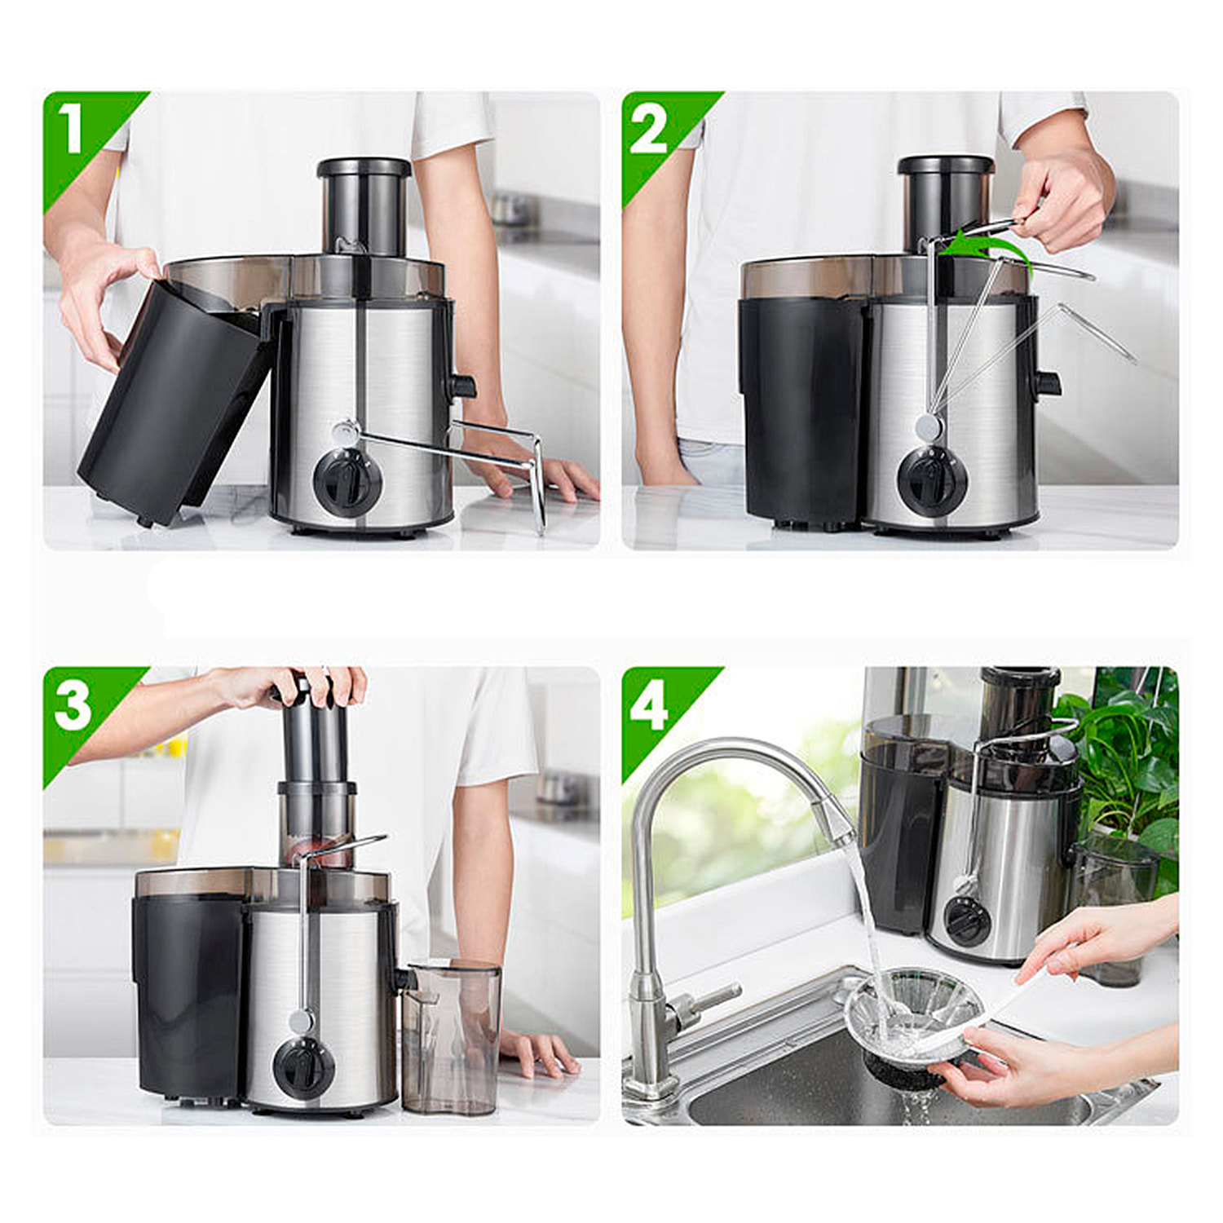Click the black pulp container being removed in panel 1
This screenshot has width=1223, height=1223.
click(175, 400)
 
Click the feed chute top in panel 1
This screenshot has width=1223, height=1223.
click(364, 169)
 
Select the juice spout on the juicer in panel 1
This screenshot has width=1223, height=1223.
click(462, 386)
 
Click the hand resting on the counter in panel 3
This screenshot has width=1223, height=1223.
click(538, 1052)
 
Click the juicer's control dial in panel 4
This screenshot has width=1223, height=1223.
click(967, 921)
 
